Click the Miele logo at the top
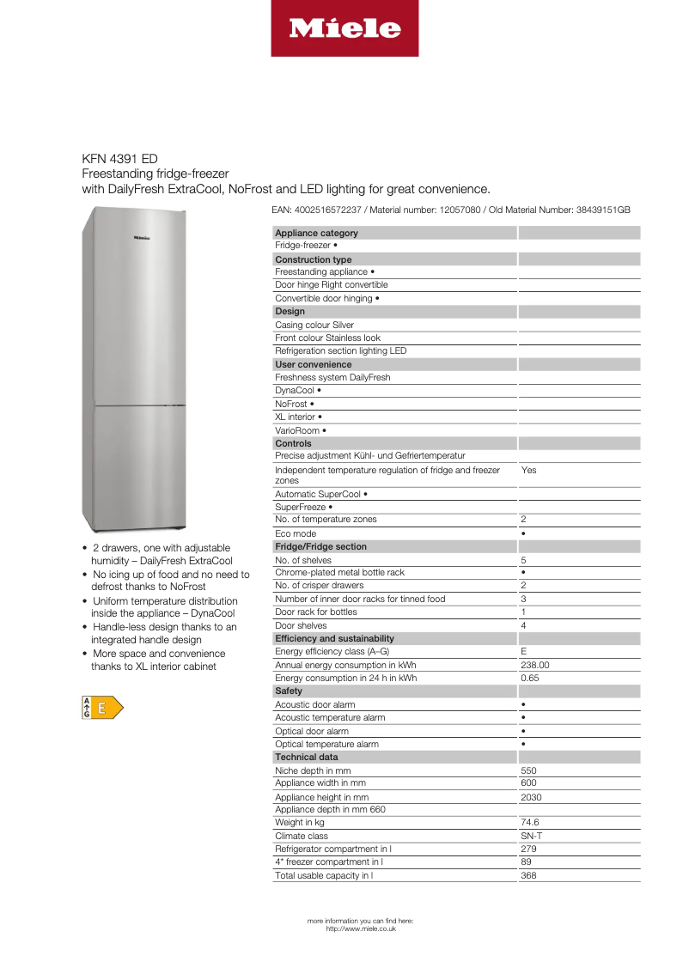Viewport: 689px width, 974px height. (x=344, y=28)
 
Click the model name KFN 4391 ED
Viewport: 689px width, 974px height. (x=119, y=159)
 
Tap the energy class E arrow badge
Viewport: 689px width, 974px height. (x=102, y=708)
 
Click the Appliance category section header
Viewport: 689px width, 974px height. (x=316, y=233)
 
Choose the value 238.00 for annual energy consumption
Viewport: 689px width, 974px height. (x=535, y=665)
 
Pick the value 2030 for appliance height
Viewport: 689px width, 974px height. (x=532, y=797)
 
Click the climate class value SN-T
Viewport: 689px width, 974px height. (x=531, y=836)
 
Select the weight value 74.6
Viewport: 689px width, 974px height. (x=530, y=823)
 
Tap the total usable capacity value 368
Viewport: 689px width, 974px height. (x=528, y=875)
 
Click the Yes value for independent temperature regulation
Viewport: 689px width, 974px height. (x=528, y=471)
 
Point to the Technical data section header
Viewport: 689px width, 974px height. (x=306, y=757)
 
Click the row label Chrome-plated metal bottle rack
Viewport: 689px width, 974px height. (x=339, y=572)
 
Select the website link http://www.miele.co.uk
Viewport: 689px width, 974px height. (x=361, y=928)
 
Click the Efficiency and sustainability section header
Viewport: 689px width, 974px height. (x=334, y=638)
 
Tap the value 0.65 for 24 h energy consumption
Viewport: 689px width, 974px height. (x=530, y=678)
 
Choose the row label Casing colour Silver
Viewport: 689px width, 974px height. (x=314, y=325)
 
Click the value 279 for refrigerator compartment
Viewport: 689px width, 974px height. (x=528, y=849)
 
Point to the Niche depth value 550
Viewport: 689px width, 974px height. (x=528, y=770)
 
